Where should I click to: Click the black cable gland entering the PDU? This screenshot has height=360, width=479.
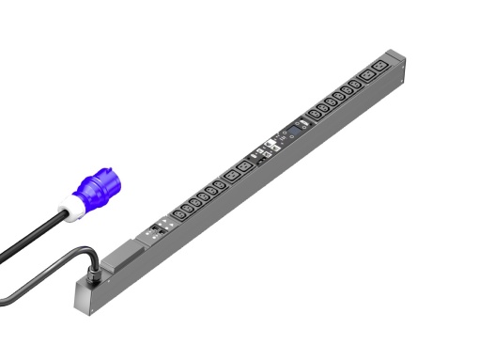[95, 276]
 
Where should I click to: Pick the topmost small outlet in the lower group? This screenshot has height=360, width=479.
[217, 180]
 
